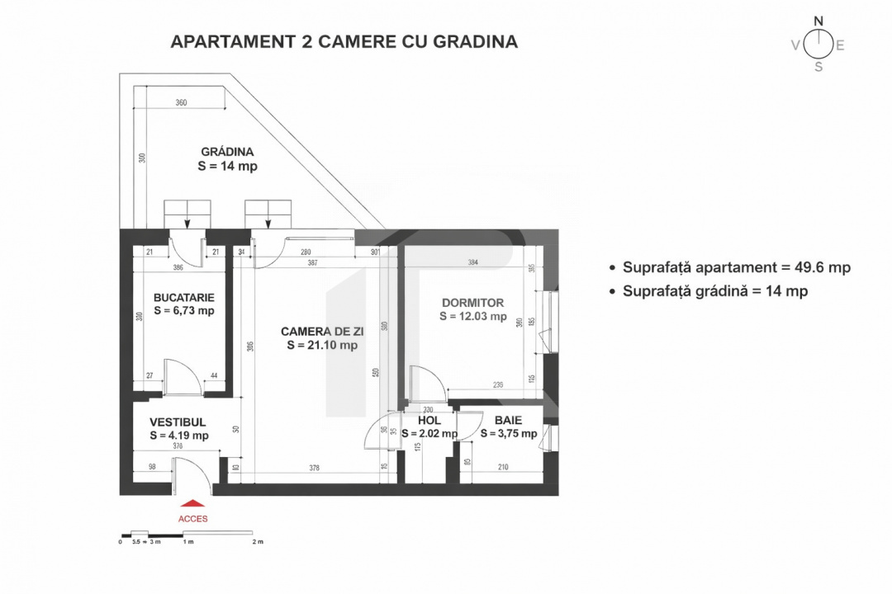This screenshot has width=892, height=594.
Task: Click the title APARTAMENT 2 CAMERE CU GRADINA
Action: (x=344, y=42)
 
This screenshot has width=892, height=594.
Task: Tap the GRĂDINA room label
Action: (x=226, y=152)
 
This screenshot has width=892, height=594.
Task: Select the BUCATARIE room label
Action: (x=183, y=297)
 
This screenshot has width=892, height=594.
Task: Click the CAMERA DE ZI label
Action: (x=322, y=331)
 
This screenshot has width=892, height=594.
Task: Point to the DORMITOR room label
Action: (x=472, y=303)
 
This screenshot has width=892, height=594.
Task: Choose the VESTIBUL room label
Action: (x=178, y=421)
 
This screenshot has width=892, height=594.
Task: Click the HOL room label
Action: (x=419, y=420)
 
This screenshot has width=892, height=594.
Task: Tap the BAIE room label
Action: (x=509, y=420)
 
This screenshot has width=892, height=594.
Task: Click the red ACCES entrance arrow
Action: (x=192, y=503)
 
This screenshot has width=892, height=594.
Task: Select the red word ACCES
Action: (x=192, y=519)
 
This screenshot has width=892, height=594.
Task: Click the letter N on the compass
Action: (x=818, y=21)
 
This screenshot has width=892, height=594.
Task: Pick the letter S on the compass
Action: (x=818, y=68)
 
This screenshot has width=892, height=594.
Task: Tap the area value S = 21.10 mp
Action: (x=322, y=346)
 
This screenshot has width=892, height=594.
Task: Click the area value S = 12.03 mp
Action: (x=472, y=316)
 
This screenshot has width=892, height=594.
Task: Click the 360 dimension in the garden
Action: (x=181, y=103)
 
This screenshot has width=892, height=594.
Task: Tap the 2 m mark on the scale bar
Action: (x=258, y=542)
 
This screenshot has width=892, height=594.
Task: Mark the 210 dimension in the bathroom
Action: (x=503, y=468)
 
